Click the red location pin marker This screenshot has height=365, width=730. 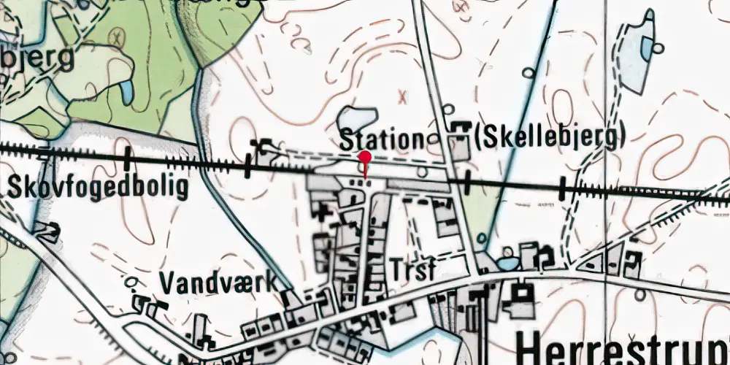365,158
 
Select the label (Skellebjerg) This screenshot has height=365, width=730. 550,137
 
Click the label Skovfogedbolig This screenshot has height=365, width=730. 99,188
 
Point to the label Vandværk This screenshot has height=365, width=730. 218,281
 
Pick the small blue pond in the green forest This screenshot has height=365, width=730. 126,91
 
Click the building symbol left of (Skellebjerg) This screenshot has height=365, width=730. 460,131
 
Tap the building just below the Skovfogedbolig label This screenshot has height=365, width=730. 47,232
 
